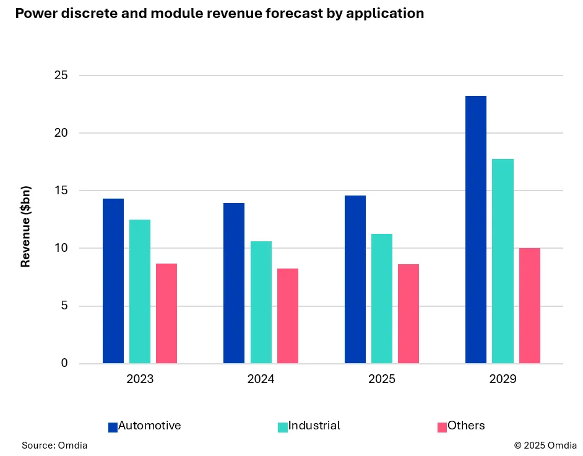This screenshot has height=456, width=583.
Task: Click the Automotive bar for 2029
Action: (475, 230)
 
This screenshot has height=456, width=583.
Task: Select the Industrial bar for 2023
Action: (140, 291)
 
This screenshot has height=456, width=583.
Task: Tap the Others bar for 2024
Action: (288, 316)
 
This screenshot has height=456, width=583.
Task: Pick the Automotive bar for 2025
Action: (355, 279)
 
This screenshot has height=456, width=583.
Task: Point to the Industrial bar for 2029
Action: (503, 261)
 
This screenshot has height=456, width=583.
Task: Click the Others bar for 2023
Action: (166, 313)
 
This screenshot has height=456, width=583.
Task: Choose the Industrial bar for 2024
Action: (261, 302)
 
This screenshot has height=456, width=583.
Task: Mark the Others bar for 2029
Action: (530, 306)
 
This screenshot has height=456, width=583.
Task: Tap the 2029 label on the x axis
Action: (502, 379)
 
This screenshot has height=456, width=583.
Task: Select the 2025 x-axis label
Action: (381, 379)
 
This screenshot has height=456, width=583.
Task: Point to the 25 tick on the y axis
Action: (60, 75)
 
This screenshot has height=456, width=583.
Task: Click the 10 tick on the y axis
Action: (60, 248)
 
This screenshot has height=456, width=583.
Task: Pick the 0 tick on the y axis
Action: (64, 363)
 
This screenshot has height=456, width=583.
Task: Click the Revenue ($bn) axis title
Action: (25, 226)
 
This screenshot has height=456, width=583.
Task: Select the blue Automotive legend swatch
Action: (113, 427)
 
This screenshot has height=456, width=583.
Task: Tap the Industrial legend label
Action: (314, 426)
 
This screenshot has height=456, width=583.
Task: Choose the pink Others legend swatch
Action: (442, 427)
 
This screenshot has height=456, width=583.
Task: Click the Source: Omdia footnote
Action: (54, 445)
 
